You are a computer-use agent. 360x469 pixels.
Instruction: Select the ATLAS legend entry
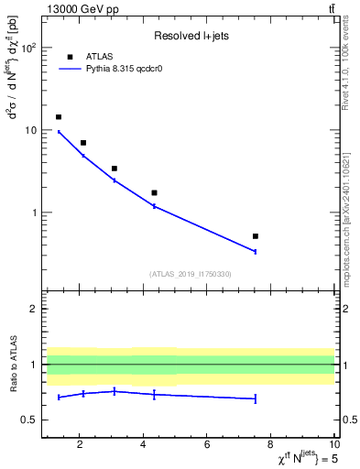point(99,55)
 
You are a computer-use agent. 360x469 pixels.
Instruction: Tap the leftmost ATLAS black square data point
point(59,117)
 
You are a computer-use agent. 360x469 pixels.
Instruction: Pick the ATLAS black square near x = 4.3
point(154,193)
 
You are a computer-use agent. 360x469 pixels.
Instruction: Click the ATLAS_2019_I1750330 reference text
point(190,274)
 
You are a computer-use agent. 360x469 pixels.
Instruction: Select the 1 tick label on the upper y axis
point(34,213)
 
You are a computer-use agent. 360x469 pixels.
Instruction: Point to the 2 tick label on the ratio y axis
point(34,309)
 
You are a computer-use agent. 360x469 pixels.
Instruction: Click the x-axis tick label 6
point(207,445)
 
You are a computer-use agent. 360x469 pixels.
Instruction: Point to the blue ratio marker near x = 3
point(115,391)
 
